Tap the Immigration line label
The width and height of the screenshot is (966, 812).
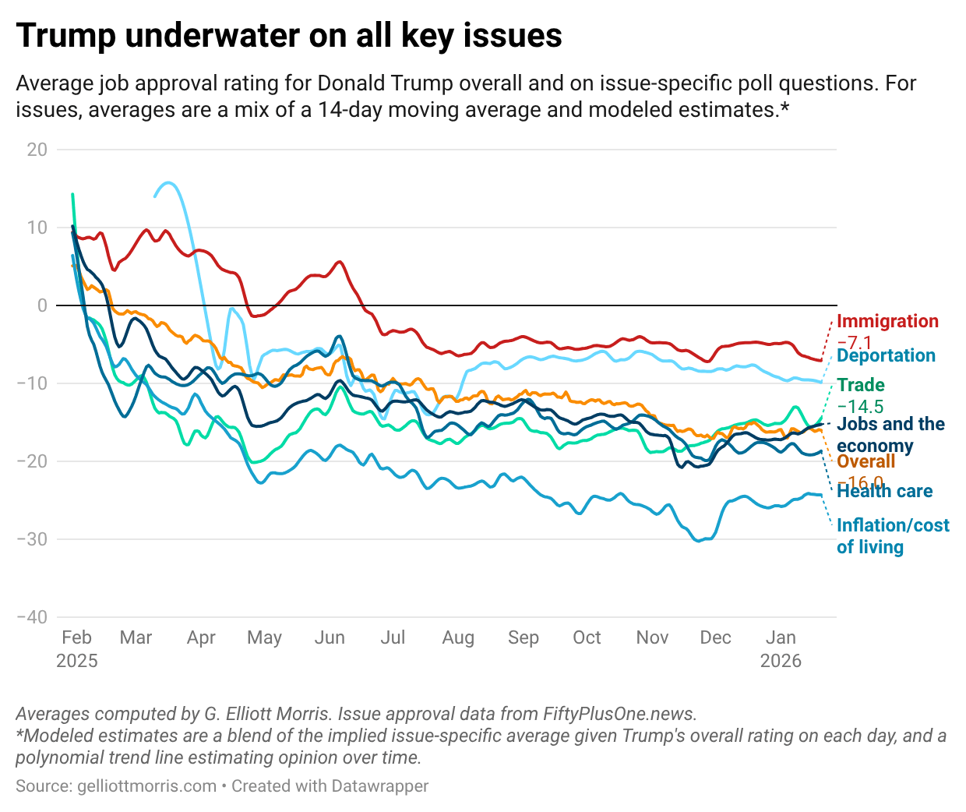point(887,321)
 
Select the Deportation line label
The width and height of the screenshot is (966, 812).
point(886,355)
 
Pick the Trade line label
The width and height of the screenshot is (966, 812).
point(861,385)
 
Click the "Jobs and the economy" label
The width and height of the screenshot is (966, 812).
point(890,434)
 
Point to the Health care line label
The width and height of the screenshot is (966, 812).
point(884,491)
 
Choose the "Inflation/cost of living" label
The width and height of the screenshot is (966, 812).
point(893,535)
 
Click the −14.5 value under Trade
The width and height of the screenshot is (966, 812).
point(860,406)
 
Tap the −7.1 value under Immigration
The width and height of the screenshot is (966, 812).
point(854,341)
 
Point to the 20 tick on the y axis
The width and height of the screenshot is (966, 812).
point(37,150)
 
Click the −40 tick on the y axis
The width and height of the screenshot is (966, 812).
point(32,617)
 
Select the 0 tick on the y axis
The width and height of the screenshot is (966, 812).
point(42,305)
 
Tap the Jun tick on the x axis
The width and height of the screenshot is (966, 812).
point(330,637)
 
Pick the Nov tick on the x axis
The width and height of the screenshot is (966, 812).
point(652,637)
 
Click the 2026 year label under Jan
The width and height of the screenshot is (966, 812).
point(781,661)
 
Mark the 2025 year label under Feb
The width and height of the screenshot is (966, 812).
point(77,661)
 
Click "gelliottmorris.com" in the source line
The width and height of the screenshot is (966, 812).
point(147,786)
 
